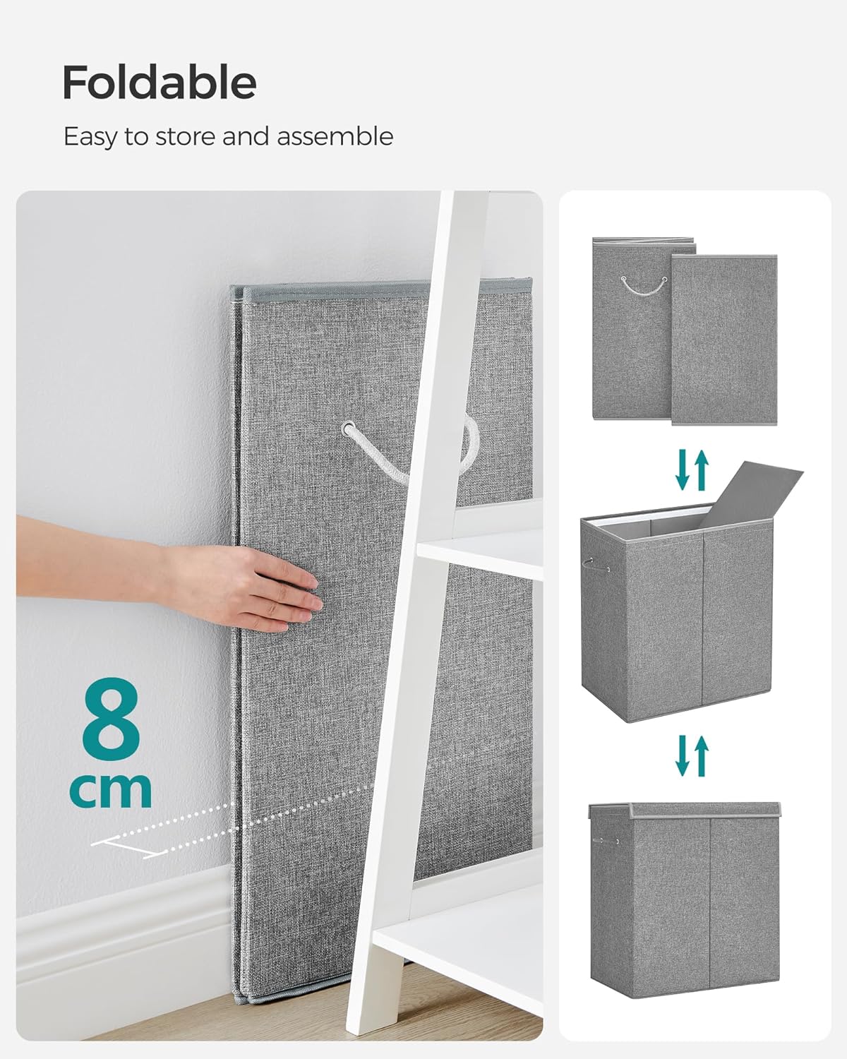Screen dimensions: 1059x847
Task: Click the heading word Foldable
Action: [x=159, y=83]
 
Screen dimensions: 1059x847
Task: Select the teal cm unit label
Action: [x=111, y=790]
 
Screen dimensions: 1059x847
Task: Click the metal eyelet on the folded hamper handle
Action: [x=349, y=429]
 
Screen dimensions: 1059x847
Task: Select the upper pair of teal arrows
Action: [x=691, y=470]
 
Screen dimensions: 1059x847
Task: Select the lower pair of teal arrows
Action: [x=691, y=755]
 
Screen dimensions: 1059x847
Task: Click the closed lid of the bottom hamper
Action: [x=685, y=810]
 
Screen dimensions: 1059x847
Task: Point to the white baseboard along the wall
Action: [x=120, y=939]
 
